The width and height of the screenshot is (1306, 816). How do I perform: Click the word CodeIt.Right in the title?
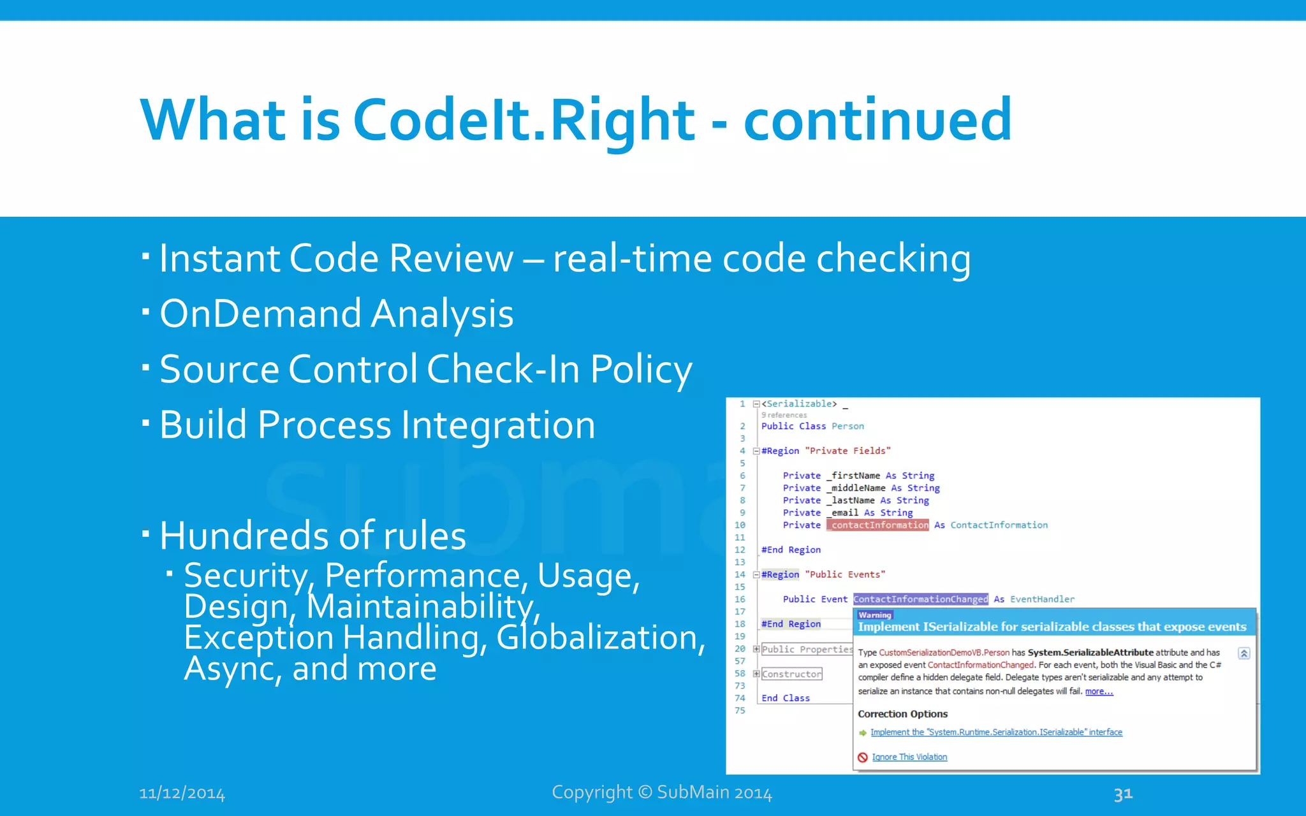click(523, 120)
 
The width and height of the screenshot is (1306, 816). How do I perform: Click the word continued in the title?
click(877, 120)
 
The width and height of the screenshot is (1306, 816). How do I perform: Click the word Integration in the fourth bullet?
click(498, 425)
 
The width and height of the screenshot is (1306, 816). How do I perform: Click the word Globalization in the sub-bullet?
click(599, 637)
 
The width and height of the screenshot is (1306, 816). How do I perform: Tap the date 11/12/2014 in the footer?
click(182, 794)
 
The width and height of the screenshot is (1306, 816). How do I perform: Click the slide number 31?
click(1123, 794)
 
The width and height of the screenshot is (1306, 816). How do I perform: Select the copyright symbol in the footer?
click(645, 792)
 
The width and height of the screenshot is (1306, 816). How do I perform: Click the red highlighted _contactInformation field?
click(878, 525)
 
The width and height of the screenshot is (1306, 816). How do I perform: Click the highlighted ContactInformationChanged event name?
click(920, 599)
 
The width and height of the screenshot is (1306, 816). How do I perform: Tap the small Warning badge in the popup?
click(874, 615)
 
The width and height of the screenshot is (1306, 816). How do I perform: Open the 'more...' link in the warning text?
click(1099, 692)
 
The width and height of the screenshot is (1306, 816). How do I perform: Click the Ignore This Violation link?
click(909, 757)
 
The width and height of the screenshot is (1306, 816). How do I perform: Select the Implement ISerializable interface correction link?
click(996, 732)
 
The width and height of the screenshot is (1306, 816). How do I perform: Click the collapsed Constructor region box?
click(792, 674)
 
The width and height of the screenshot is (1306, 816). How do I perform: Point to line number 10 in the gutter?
click(740, 525)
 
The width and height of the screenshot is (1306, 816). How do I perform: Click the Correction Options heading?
click(902, 714)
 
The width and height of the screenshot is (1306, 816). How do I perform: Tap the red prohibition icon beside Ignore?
click(863, 757)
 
